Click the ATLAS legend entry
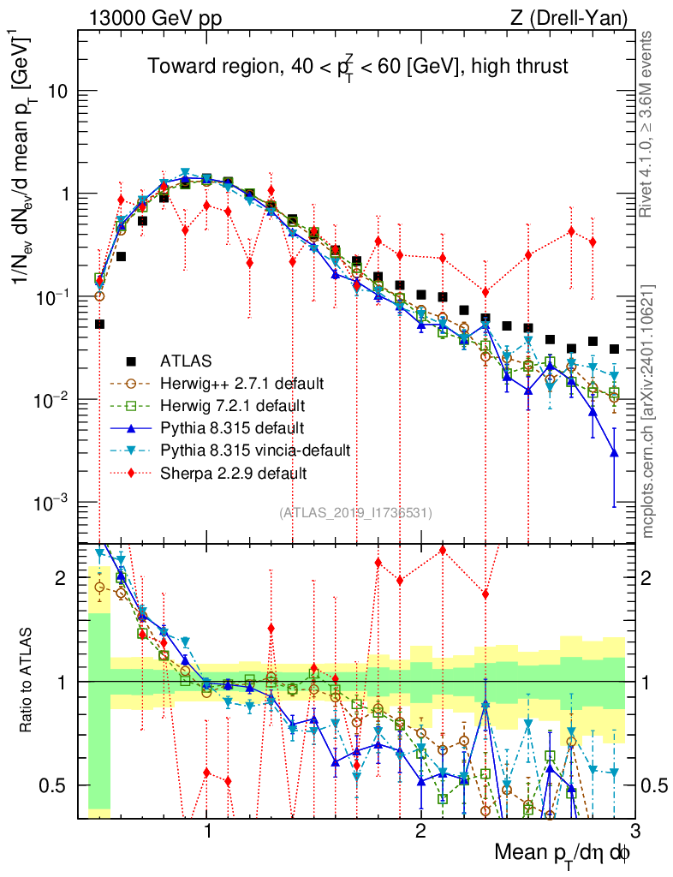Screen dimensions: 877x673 pyautogui.click(x=187, y=360)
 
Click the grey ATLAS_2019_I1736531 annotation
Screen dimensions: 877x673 pyautogui.click(x=355, y=513)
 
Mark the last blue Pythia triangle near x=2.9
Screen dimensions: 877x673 pyautogui.click(x=614, y=453)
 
